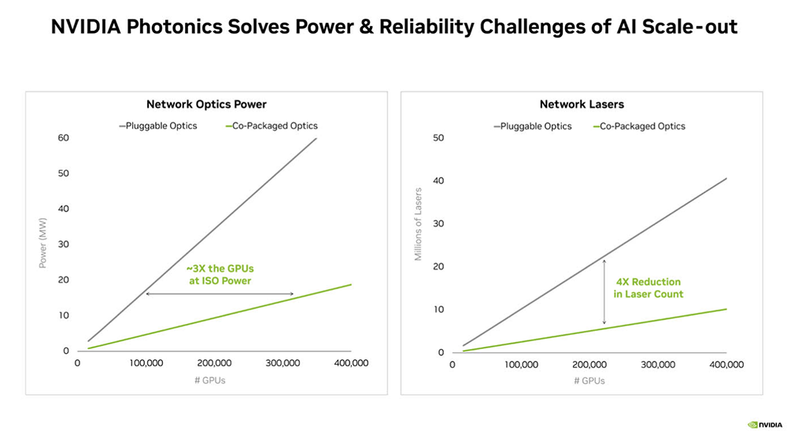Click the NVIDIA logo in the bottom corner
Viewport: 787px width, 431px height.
pyautogui.click(x=764, y=425)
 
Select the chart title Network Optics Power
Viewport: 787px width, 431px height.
pyautogui.click(x=206, y=105)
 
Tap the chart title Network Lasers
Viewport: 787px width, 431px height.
pyautogui.click(x=582, y=105)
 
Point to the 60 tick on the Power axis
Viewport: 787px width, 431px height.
pyautogui.click(x=63, y=138)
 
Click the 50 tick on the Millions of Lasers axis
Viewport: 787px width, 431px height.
pyautogui.click(x=438, y=138)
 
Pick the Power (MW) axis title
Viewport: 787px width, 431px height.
pyautogui.click(x=42, y=243)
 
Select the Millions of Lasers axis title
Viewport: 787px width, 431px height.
pyautogui.click(x=418, y=224)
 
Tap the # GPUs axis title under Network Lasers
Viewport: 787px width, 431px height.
pyautogui.click(x=589, y=381)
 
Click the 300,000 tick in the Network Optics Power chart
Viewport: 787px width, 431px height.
pyautogui.click(x=283, y=363)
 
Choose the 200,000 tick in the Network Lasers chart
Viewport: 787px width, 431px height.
pyautogui.click(x=589, y=365)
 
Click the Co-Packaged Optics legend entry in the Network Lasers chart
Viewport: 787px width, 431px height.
pyautogui.click(x=639, y=127)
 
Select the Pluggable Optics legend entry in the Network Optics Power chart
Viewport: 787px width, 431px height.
pyautogui.click(x=157, y=126)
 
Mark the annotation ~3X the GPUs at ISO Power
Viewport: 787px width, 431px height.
pyautogui.click(x=220, y=275)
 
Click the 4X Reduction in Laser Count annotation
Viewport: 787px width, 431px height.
pyautogui.click(x=648, y=288)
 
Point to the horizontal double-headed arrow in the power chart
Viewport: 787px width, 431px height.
pyautogui.click(x=220, y=294)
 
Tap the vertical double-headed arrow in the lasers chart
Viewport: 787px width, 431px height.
pyautogui.click(x=604, y=292)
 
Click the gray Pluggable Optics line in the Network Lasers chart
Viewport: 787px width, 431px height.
pyautogui.click(x=594, y=262)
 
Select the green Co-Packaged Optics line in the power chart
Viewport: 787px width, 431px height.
pyautogui.click(x=220, y=317)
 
